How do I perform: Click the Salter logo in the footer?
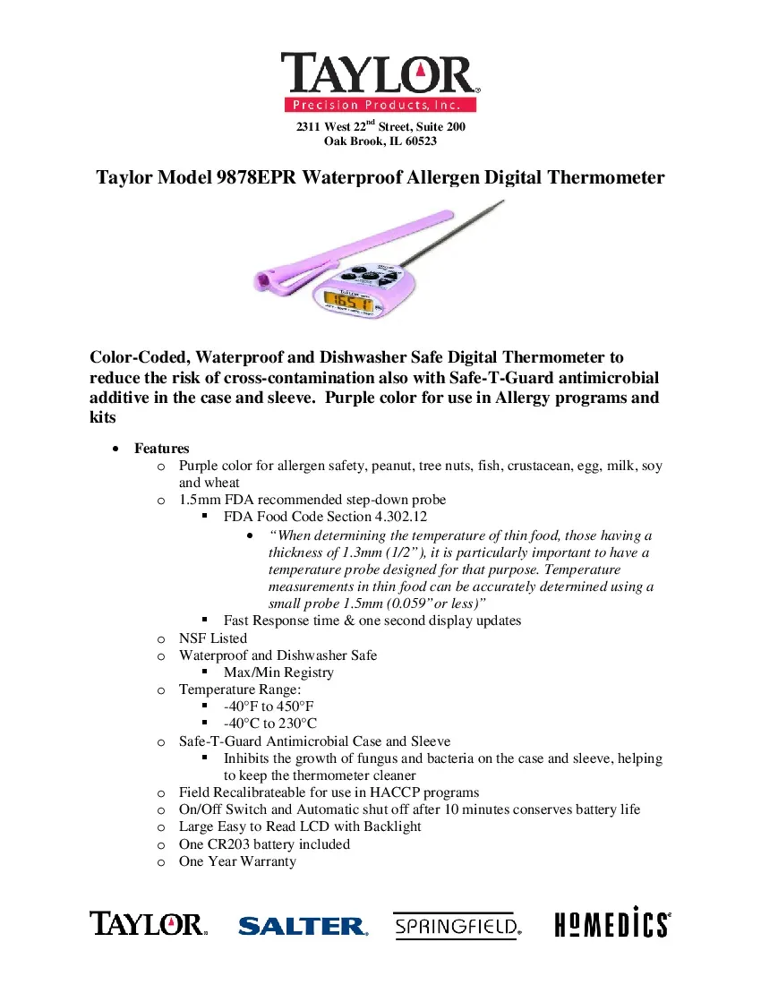point(303,925)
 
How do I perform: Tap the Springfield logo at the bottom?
point(457,925)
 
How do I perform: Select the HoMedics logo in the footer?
point(612,922)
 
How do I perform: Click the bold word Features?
point(162,449)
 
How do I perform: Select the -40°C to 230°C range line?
point(270,724)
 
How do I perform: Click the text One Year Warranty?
point(237,861)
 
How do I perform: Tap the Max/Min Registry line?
point(278,672)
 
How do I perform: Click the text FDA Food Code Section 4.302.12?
point(326,518)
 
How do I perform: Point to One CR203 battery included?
point(264,844)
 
